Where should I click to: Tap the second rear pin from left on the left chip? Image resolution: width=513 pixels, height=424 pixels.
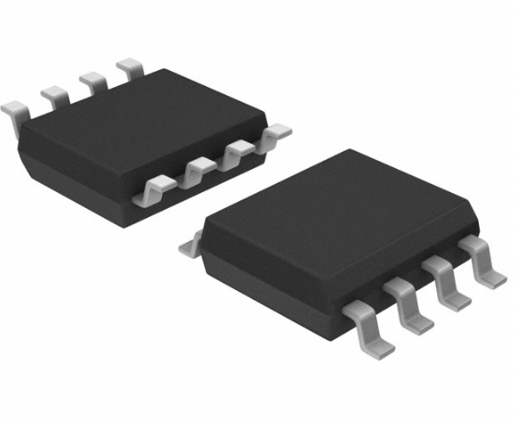[55, 95]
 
